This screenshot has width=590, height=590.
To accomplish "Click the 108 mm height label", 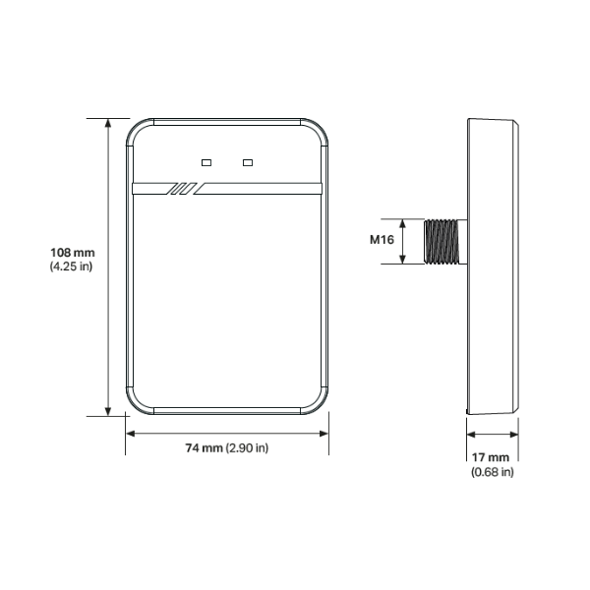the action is pyautogui.click(x=73, y=253).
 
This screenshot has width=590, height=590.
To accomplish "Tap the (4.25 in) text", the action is pyautogui.click(x=71, y=266).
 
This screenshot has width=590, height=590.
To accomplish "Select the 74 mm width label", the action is pyautogui.click(x=204, y=448).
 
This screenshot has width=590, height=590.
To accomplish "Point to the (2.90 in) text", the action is pyautogui.click(x=247, y=448).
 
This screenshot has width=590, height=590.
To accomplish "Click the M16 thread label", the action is pyautogui.click(x=382, y=240).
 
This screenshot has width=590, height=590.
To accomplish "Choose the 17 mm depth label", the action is pyautogui.click(x=491, y=457).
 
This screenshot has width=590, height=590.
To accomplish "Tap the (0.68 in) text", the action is pyautogui.click(x=493, y=472).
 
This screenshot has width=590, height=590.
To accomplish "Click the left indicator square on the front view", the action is pyautogui.click(x=206, y=162).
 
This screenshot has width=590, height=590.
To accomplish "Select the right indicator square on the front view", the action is pyautogui.click(x=248, y=162).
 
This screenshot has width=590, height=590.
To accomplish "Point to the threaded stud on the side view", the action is pyautogui.click(x=442, y=242).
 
